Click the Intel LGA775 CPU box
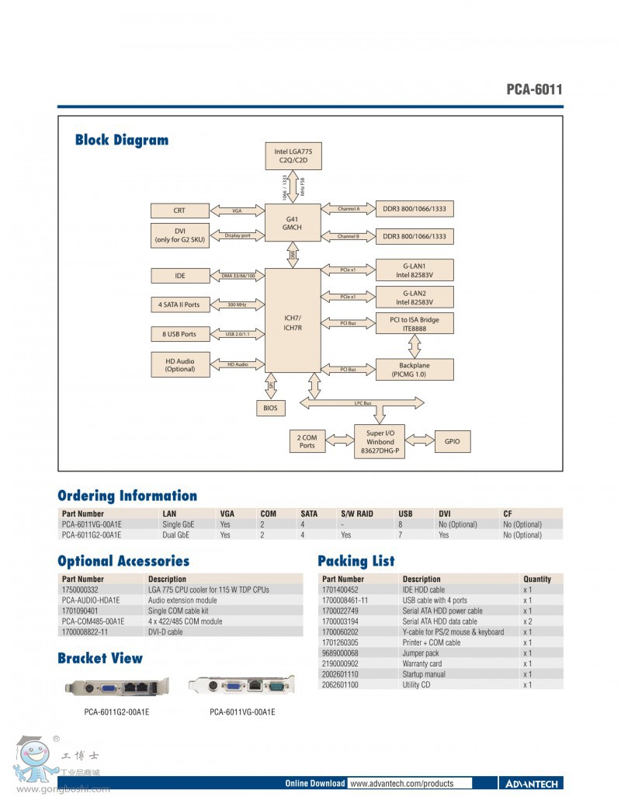[x=293, y=156]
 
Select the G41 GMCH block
[x=292, y=222]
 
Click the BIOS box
[x=270, y=408]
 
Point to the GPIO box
[x=453, y=441]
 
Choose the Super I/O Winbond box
[x=381, y=441]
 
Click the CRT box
[x=179, y=211]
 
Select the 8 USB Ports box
[x=179, y=334]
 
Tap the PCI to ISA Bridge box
[x=415, y=323]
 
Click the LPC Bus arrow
[x=363, y=403]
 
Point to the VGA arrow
[x=237, y=211]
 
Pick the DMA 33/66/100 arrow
[x=237, y=276]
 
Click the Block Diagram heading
[x=121, y=140]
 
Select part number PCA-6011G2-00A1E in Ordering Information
[x=91, y=535]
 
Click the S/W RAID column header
[x=357, y=513]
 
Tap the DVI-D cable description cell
[x=165, y=632]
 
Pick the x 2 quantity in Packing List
[x=528, y=621]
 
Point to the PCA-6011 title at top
[x=534, y=89]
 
